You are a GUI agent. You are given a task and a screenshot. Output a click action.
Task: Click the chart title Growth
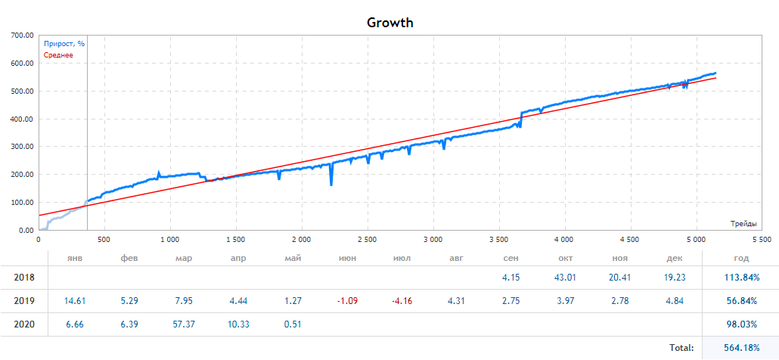(389, 22)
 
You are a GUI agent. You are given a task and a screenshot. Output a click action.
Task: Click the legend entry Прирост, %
(64, 44)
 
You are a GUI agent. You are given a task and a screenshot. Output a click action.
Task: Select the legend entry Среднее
(58, 55)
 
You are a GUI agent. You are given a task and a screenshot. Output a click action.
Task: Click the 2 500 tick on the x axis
(367, 239)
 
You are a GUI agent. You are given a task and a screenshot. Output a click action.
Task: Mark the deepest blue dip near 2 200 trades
(331, 184)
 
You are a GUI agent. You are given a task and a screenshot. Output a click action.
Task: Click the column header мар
(183, 259)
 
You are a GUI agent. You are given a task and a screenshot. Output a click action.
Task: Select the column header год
(741, 259)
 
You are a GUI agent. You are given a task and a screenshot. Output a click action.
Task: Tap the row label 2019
(25, 301)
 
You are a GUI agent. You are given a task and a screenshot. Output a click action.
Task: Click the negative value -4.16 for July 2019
(402, 301)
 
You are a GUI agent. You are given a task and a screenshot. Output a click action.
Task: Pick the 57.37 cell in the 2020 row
(183, 324)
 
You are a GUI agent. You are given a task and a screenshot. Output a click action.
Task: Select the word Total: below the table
(681, 348)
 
